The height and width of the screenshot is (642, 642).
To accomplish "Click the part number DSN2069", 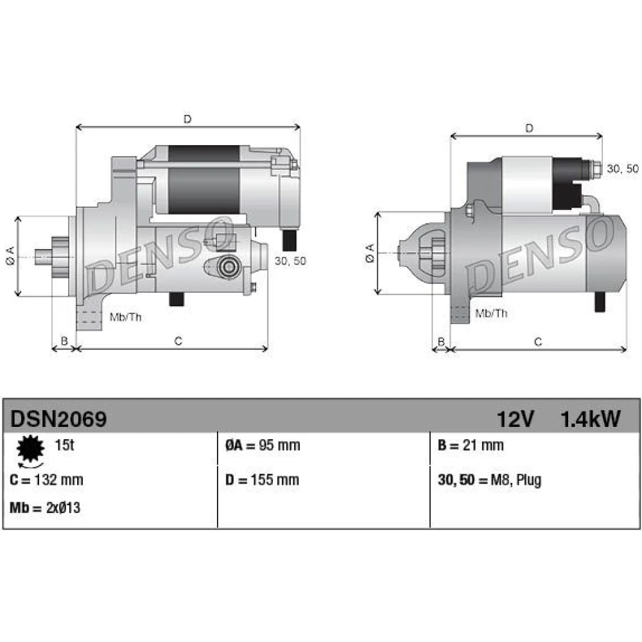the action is coord(58,419).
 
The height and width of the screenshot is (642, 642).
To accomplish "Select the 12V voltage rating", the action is coord(515,419).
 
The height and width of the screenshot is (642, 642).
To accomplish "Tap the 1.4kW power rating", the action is coord(590,419).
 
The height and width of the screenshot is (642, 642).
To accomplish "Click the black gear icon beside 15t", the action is coord(30,449).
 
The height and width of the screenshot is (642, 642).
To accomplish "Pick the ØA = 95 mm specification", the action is coord(263,445).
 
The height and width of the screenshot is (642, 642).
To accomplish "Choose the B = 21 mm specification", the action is coord(471,445).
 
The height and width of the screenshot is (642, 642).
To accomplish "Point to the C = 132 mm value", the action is coord(46,480).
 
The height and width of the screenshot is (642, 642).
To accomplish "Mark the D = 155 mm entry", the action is coord(262,480).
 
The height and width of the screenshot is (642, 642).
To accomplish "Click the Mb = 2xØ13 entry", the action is coord(45,508).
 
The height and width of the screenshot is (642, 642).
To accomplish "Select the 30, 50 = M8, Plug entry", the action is coord(489,480).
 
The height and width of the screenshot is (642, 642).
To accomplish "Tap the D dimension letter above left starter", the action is coord(187,119).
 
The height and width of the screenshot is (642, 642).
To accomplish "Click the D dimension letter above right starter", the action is coord(529,128).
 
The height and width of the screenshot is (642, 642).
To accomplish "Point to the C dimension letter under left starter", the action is coord(178,341).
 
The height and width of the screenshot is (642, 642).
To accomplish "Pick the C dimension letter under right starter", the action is coord(538,342).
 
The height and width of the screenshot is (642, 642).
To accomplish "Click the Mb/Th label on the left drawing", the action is coord(125,317).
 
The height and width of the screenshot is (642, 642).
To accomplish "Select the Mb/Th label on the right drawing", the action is coord(491,313).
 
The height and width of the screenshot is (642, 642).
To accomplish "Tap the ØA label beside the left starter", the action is coord(10,256).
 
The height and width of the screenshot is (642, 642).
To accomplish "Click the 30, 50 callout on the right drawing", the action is coord(622,168).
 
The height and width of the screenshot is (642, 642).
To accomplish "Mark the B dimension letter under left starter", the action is coord(64,341).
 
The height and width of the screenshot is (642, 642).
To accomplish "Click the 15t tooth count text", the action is coord(64,445).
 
